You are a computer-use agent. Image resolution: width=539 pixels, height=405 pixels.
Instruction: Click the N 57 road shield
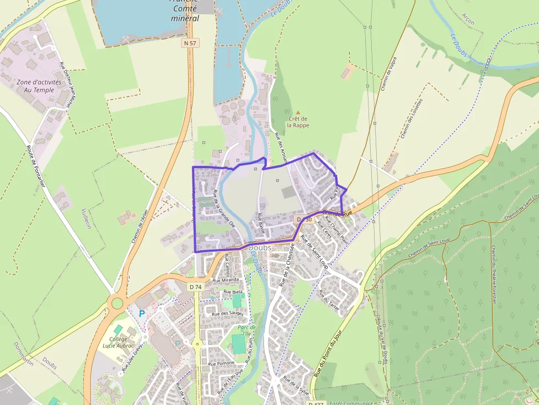pos(190,42)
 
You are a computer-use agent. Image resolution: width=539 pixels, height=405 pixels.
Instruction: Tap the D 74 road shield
pos(195,286)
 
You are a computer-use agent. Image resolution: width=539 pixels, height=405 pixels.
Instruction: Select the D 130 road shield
pos(304,220)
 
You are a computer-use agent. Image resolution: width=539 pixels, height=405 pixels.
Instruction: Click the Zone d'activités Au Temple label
pos(36,86)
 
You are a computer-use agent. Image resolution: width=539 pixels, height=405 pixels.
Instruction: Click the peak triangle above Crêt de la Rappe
pos(298,112)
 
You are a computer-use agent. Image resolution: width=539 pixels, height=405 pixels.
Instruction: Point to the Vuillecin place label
pos(85,219)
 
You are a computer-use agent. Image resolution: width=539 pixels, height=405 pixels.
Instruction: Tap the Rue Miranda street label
pos(227,280)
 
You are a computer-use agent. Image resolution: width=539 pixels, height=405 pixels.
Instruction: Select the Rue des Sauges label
pos(228,313)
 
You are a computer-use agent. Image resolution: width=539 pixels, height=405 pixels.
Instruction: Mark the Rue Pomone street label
pos(221,363)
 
